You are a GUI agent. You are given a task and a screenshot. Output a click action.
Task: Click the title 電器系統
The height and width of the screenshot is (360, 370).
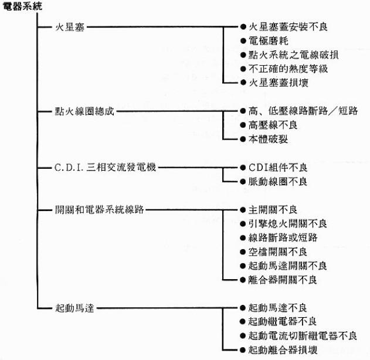pos(22,6)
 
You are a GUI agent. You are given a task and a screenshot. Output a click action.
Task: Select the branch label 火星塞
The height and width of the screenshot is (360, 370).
pos(70,27)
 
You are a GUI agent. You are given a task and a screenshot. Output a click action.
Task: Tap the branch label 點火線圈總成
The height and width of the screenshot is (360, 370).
pos(84,111)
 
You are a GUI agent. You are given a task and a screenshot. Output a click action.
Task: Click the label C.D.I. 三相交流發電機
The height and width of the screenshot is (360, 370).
pos(105,167)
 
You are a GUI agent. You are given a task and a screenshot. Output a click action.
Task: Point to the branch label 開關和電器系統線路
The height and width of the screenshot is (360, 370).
pos(99,209)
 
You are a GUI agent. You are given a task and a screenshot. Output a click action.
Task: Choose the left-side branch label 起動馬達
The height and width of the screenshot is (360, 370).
pos(74,308)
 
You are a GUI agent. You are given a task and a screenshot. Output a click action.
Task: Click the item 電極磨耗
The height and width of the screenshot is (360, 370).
pos(269,41)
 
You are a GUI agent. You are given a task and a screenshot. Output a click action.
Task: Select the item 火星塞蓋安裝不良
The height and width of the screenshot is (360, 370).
pos(288,27)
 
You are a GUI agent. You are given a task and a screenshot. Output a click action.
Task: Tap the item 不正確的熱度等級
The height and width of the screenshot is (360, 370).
pos(288,69)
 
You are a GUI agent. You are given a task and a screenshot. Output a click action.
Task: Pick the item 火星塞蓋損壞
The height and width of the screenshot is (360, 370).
pos(279,83)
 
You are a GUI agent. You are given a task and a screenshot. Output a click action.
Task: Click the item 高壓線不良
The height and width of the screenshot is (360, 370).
pos(273,125)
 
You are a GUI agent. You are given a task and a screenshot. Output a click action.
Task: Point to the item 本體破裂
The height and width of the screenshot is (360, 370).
pos(269,139)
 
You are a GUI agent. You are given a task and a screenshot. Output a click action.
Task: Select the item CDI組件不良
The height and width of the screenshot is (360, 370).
pos(278,168)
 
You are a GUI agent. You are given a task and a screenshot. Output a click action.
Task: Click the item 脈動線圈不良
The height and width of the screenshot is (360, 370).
pos(278,182)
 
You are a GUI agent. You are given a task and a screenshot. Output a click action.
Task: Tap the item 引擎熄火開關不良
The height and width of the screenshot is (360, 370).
pos(288,223)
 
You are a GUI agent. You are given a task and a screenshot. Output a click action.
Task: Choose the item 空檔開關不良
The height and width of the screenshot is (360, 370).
pos(278,252)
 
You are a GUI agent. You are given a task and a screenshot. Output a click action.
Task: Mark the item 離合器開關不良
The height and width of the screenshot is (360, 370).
pos(283,280)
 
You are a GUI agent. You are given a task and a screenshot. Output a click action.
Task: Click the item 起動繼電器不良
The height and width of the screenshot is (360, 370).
pos(283,321)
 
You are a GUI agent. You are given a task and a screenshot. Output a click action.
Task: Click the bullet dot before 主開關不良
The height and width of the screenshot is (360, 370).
pos(243,210)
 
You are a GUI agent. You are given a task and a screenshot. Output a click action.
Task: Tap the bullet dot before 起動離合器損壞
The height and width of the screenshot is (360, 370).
pos(243,350)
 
